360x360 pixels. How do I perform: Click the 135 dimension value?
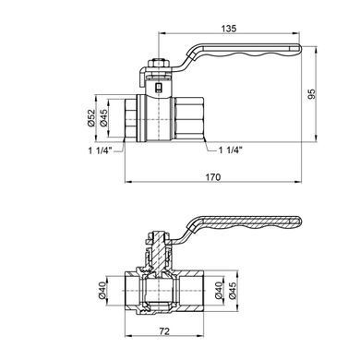pyautogui.click(x=229, y=29)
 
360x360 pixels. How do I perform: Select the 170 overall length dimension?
pyautogui.click(x=213, y=177)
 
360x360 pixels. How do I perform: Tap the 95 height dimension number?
pyautogui.click(x=312, y=94)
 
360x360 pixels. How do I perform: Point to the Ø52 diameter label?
pyautogui.click(x=90, y=118)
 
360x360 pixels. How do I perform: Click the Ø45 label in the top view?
pyautogui.click(x=103, y=118)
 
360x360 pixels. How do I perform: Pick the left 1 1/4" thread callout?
pyautogui.click(x=101, y=150)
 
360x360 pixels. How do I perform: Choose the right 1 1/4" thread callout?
pyautogui.click(x=231, y=150)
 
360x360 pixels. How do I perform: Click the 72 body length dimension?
pyautogui.click(x=164, y=331)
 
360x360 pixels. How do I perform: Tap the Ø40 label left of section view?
pyautogui.click(x=102, y=290)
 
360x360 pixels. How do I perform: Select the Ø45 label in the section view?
pyautogui.click(x=233, y=290)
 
